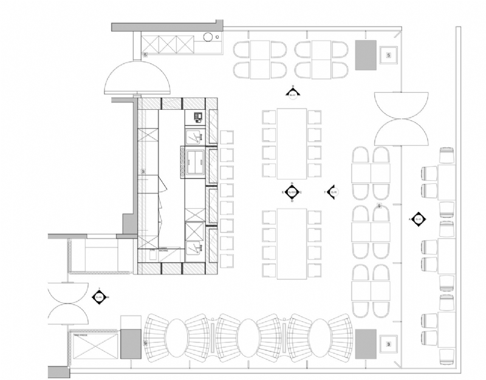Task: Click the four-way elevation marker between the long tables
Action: point(292,192)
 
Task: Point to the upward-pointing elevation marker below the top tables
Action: point(292,93)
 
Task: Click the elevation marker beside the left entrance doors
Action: point(98,297)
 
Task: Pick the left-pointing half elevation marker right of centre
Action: point(332,192)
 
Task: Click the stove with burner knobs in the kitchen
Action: point(193,160)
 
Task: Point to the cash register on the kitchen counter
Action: point(197,116)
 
